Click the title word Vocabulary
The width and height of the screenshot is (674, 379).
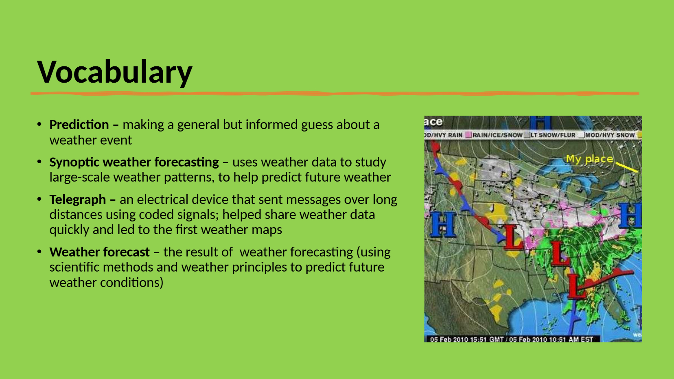pyautogui.click(x=115, y=72)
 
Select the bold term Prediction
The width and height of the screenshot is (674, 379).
pyautogui.click(x=79, y=125)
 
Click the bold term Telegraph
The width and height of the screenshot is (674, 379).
pyautogui.click(x=78, y=200)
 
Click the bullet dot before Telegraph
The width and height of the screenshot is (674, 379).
pyautogui.click(x=39, y=199)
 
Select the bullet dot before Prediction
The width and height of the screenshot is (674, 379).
pyautogui.click(x=39, y=124)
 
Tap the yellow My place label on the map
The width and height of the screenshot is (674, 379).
pyautogui.click(x=589, y=159)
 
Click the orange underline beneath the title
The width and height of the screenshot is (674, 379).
pyautogui.click(x=335, y=94)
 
